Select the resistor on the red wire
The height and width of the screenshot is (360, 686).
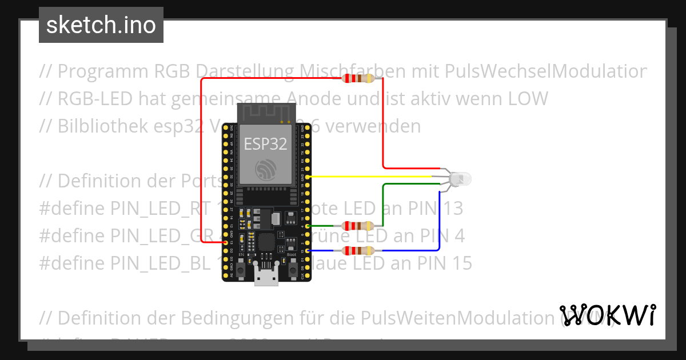click(x=357, y=78)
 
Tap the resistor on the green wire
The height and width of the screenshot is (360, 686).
click(x=357, y=226)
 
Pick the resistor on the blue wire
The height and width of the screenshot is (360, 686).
click(x=357, y=251)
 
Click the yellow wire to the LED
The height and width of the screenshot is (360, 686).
click(x=372, y=177)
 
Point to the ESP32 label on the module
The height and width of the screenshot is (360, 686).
click(x=266, y=143)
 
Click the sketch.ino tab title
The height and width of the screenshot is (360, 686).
click(x=101, y=25)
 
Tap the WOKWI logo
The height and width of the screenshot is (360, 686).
click(x=608, y=315)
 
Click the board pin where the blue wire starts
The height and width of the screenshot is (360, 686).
click(x=309, y=251)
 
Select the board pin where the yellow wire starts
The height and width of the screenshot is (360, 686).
click(x=309, y=177)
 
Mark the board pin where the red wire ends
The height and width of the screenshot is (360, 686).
click(x=225, y=243)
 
